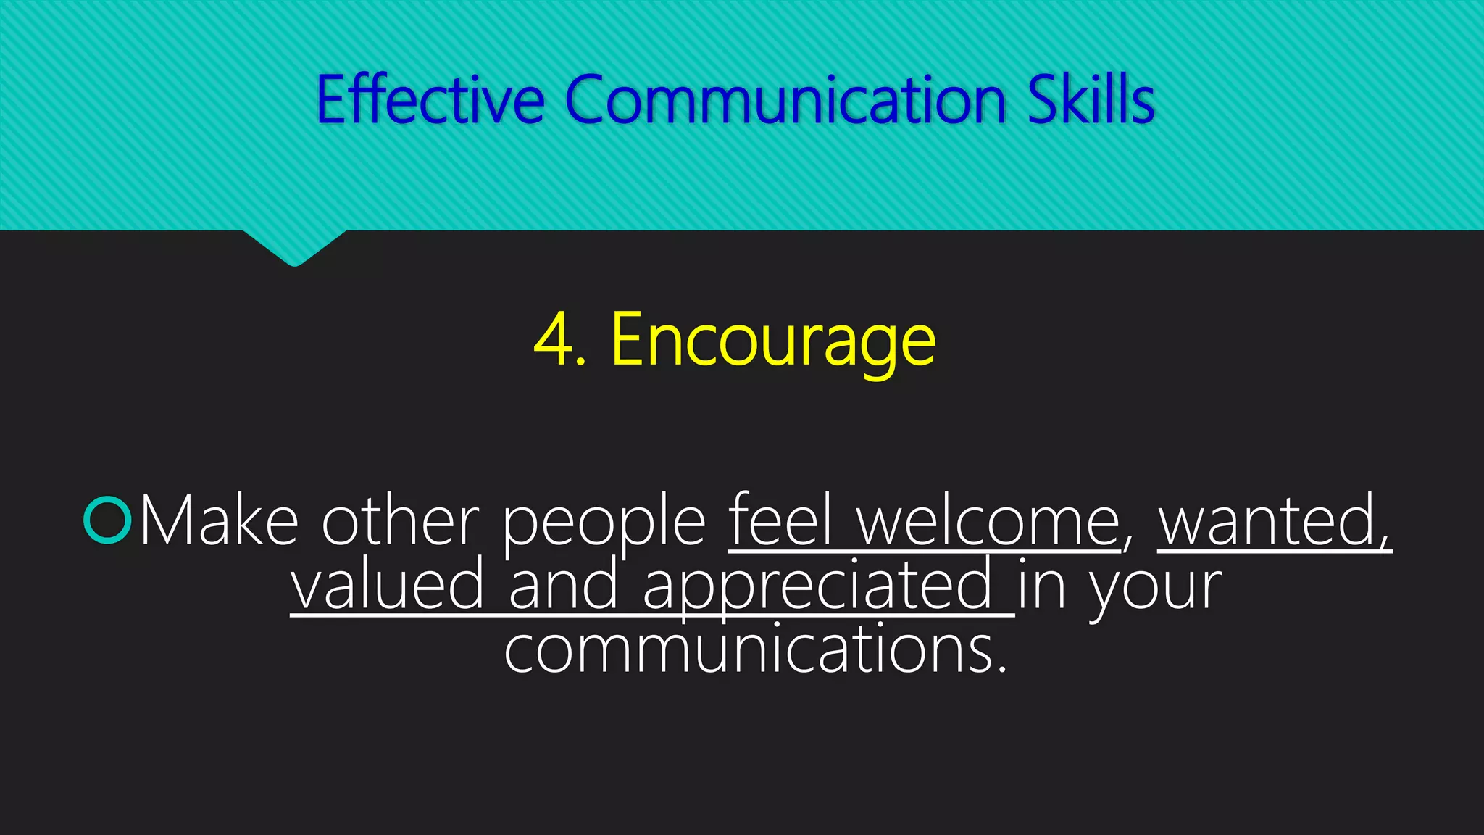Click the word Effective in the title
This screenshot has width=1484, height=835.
pos(430,99)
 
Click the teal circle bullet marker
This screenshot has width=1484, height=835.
pos(107,520)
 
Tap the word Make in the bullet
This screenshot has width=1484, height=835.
pos(219,520)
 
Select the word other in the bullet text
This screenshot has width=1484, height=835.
pos(400,520)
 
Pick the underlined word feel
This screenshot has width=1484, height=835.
pos(780,520)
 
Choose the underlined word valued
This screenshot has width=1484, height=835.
pos(388,584)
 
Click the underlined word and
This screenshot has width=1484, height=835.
pos(564,584)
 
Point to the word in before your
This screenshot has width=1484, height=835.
pos(1042,584)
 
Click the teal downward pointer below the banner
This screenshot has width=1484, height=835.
pos(294,246)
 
